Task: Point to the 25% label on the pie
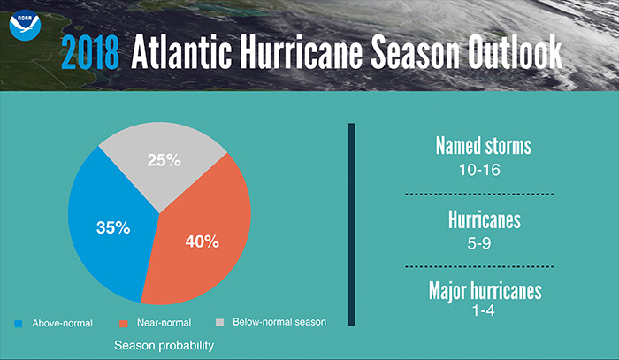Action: point(164,161)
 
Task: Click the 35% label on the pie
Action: point(113,227)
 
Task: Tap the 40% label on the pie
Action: point(202,241)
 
